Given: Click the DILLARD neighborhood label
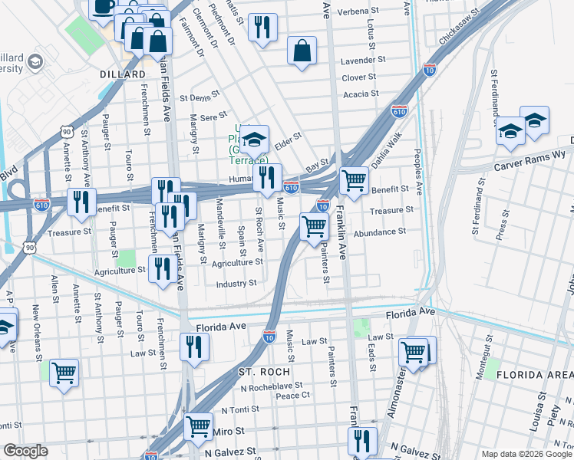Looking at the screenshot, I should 123,74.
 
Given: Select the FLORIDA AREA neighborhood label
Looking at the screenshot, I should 534,374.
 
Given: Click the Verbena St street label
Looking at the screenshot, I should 360,12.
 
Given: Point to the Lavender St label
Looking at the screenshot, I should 363,60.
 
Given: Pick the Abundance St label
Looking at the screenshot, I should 380,232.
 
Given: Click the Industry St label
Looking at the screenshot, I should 236,283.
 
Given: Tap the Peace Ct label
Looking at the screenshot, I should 292,396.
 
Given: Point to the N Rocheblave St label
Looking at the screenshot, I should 268,386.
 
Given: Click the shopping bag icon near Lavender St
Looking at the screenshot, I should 302,51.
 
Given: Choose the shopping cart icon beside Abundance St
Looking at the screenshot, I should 314,226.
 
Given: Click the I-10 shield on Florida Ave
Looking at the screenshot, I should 269,336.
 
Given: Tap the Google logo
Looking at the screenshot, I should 25,451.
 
